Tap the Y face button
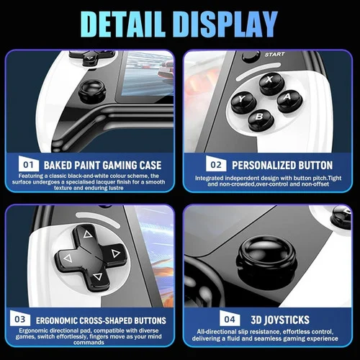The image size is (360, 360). pos(243,102)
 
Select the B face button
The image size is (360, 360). pos(261,120)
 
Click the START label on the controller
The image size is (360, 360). pos(274,55)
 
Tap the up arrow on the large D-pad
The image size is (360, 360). pos(88,234)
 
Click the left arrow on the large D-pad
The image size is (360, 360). pos(68,258)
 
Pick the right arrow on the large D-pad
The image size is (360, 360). pos(116,253)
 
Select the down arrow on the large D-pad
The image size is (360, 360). pos(97,276)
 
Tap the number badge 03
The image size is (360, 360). pos(20,318)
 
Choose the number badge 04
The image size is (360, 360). pos(230,318)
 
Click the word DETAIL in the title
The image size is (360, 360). pos(123,24)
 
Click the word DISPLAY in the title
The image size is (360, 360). pos(227,24)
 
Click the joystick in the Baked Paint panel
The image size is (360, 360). pos(92,91)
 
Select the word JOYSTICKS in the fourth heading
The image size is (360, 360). pos(287,320)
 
